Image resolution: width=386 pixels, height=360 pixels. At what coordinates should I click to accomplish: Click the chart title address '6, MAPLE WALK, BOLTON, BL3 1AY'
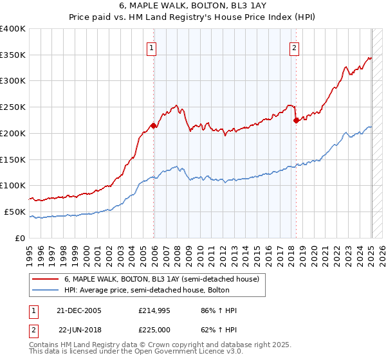(x=192, y=6)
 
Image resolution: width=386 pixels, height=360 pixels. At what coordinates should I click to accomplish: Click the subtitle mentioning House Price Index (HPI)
(x=192, y=18)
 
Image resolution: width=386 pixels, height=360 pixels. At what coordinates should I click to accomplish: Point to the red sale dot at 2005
(x=154, y=125)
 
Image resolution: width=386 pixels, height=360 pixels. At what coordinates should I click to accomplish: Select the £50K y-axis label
(x=15, y=212)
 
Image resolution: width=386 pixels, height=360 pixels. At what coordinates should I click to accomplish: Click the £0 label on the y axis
(x=21, y=238)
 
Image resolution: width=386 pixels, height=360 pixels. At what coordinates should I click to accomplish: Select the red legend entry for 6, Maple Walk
(x=161, y=279)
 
